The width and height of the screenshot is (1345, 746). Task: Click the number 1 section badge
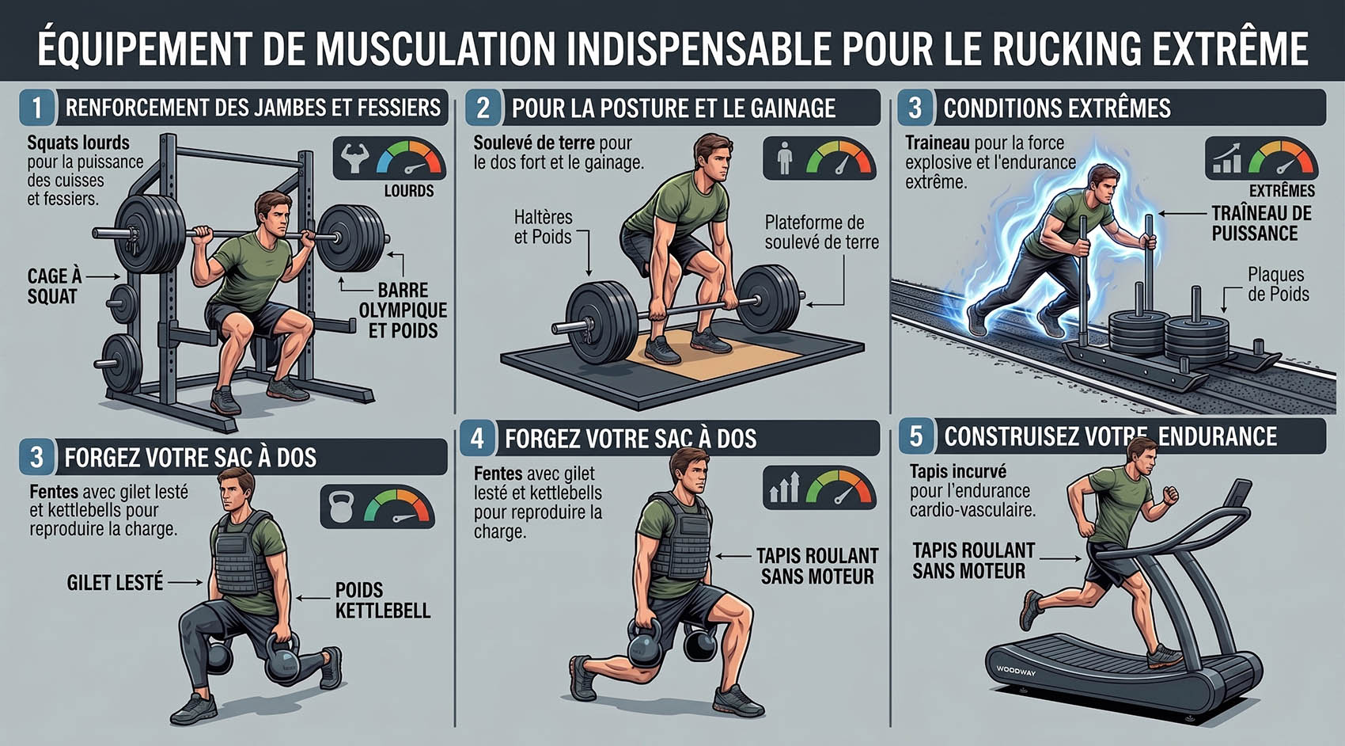[37, 108]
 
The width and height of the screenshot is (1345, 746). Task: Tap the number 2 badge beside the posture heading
[483, 108]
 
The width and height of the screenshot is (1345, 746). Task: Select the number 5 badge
[916, 436]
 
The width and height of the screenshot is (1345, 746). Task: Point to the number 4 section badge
[477, 438]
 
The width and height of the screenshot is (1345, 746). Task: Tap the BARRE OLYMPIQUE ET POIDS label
[403, 310]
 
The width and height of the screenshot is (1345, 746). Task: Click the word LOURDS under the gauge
[409, 191]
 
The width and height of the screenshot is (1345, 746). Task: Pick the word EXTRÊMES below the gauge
[1282, 191]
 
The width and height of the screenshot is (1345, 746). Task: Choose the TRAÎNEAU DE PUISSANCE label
[1262, 223]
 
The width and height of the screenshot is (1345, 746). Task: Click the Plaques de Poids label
[1279, 284]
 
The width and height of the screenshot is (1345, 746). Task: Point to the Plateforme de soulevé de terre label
[821, 232]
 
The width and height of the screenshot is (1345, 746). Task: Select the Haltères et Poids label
[543, 226]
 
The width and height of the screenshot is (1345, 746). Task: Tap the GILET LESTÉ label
[115, 583]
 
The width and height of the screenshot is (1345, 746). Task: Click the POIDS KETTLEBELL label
[382, 600]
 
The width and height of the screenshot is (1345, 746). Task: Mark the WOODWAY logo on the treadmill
[1016, 671]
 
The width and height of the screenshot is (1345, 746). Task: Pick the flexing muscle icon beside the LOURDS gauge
[355, 158]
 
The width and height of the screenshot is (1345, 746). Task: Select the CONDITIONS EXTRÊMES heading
[1057, 108]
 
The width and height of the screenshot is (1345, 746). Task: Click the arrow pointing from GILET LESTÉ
[186, 583]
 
